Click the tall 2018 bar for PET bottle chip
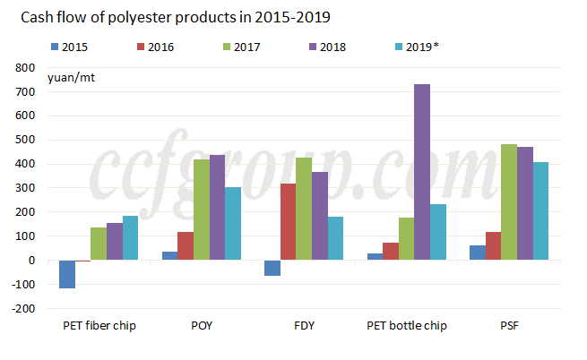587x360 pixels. (x=422, y=172)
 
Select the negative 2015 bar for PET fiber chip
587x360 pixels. (x=67, y=274)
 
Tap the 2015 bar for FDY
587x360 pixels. (x=272, y=268)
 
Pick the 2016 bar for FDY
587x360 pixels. (x=288, y=222)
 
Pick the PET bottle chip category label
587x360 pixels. (x=407, y=326)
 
